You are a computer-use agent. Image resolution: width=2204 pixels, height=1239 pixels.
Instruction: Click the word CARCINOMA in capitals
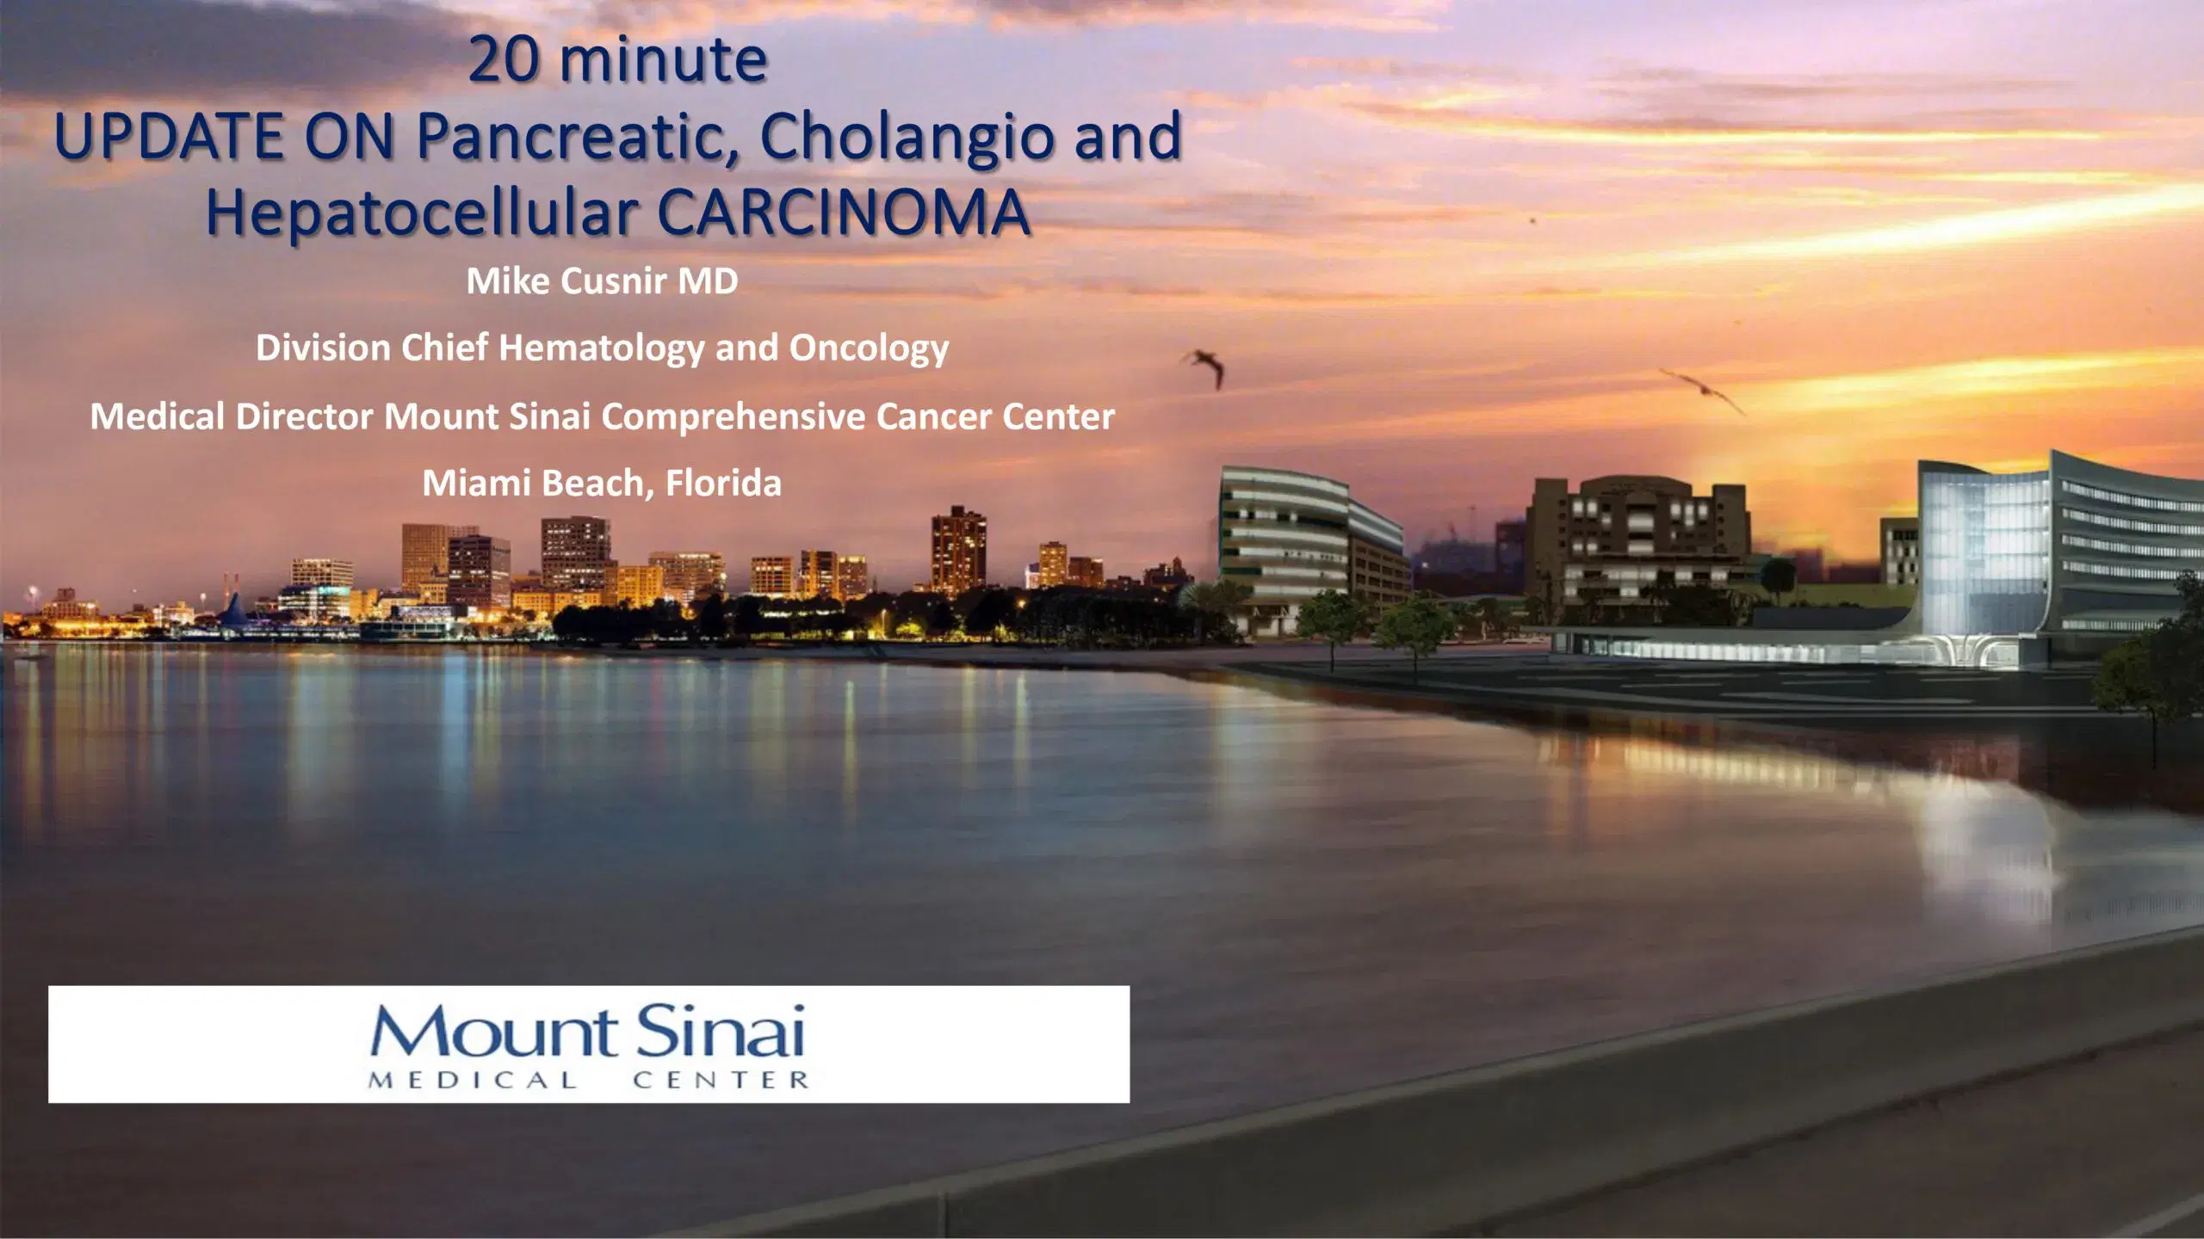pyautogui.click(x=844, y=213)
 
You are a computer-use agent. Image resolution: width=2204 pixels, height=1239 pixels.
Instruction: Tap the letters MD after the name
pyautogui.click(x=708, y=281)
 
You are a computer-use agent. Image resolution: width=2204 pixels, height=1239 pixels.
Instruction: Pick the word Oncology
pyautogui.click(x=869, y=348)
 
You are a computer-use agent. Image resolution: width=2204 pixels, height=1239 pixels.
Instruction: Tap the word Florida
pyautogui.click(x=723, y=484)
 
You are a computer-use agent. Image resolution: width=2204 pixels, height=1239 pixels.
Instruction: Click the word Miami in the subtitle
pyautogui.click(x=476, y=484)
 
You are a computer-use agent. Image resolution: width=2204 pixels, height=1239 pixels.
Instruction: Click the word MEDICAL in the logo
pyautogui.click(x=473, y=1081)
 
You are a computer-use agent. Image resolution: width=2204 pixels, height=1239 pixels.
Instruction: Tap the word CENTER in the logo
pyautogui.click(x=721, y=1081)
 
